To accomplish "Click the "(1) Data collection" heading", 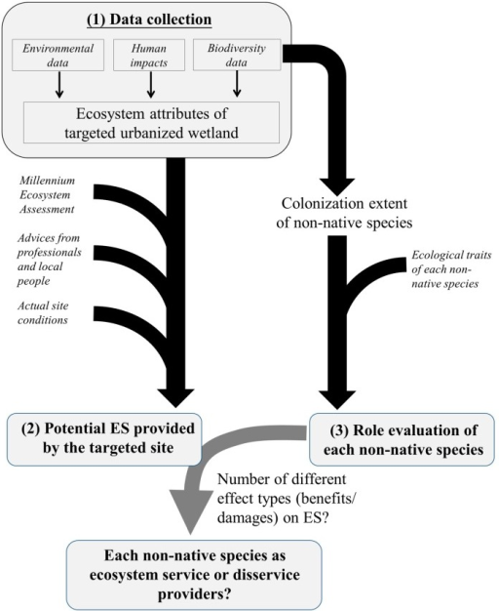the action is pos(149,20).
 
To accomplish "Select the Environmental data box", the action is pos(58,55).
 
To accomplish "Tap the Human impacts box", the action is pos(149,55).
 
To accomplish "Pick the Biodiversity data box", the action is pos(237,55).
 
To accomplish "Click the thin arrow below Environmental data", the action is pos(59,85).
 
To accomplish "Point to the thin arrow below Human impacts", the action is pos(151,85).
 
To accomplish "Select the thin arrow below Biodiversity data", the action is pos(237,84).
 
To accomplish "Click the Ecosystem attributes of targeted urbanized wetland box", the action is pos(151,123).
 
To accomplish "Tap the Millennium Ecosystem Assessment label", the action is pos(47,195).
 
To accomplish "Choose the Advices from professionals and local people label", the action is pos(49,260).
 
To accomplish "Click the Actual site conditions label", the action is pos(43,313).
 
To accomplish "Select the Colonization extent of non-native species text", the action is pos(344,213).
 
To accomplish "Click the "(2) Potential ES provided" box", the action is pos(104,439).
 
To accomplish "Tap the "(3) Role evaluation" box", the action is pos(403,439).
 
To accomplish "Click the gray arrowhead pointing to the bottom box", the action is pos(190,518).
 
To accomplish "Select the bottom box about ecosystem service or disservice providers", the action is pos(195,575).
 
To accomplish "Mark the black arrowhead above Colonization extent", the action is pos(337,187).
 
